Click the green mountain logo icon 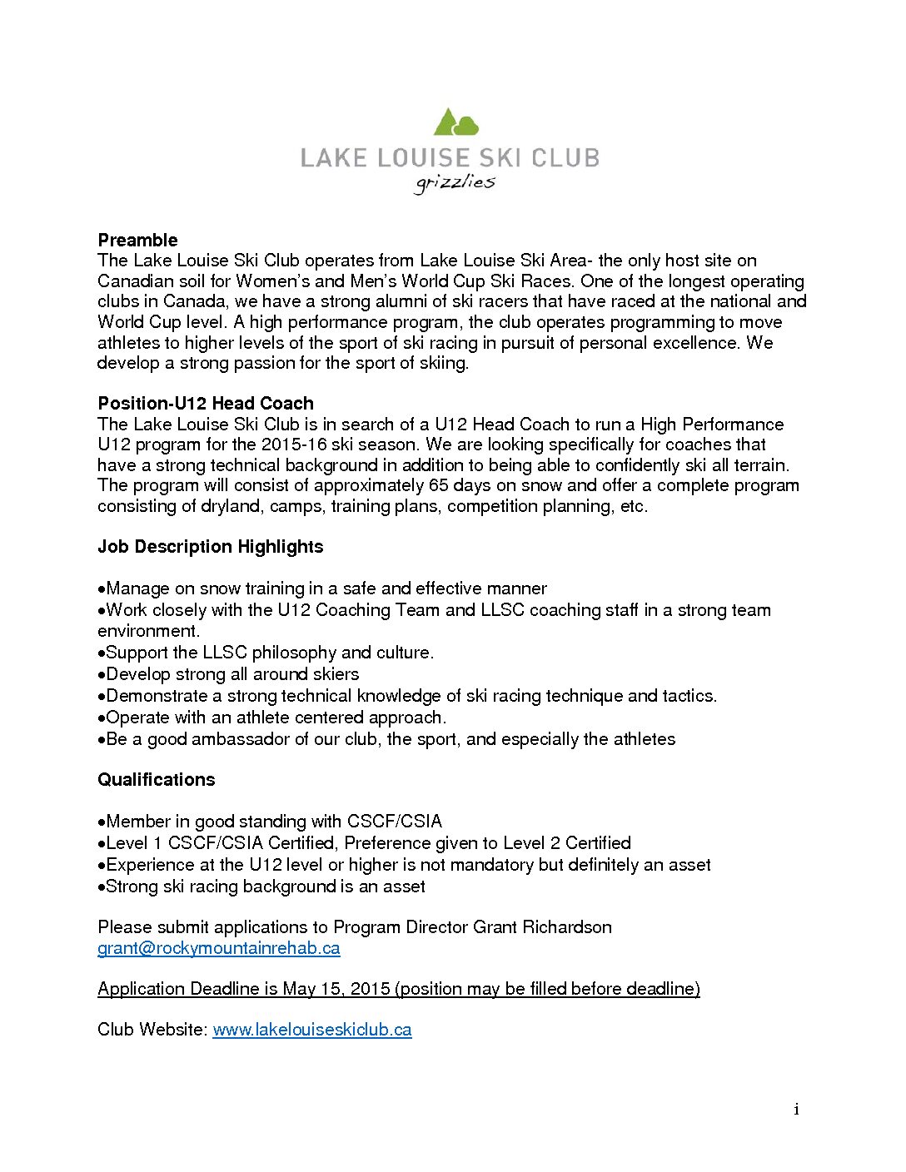click(455, 122)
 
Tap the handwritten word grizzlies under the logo click(455, 182)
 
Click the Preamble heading click(137, 241)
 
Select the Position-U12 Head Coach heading click(206, 404)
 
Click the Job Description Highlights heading click(210, 547)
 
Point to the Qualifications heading click(156, 780)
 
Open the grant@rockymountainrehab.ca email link click(219, 948)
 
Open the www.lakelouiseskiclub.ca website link click(312, 1030)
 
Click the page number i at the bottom click(797, 1109)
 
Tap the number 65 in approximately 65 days click(438, 485)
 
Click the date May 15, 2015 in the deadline click(336, 989)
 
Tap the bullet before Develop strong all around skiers click(102, 675)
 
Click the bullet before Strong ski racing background click(102, 887)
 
